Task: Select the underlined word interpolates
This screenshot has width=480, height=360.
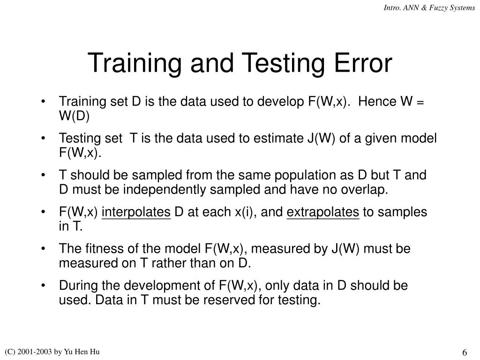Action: pos(136,212)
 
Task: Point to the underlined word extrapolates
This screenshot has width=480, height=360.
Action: pos(322,212)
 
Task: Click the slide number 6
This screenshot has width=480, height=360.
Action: pos(465,353)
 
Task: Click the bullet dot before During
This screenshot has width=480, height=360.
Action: pos(44,285)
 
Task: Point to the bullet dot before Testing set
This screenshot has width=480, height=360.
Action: pos(44,139)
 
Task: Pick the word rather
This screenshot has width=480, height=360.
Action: pos(172,262)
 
